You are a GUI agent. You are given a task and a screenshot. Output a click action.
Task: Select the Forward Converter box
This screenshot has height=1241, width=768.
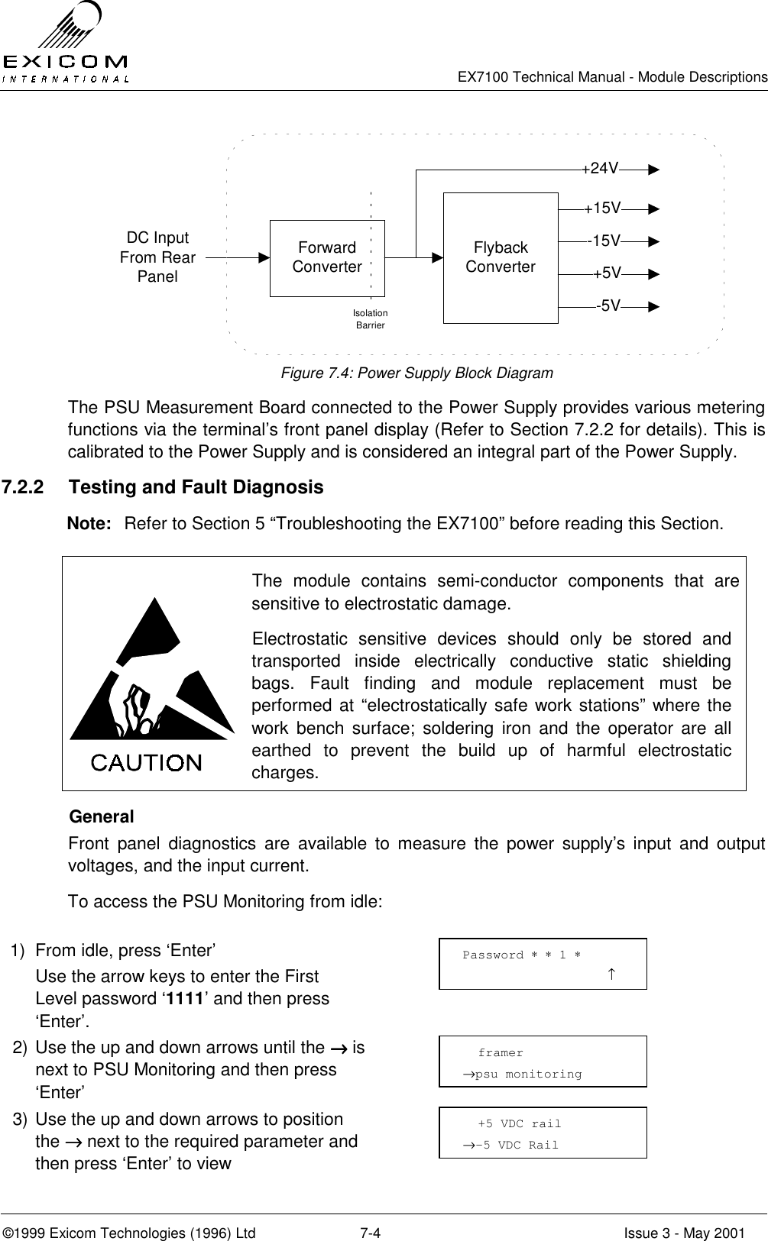(327, 258)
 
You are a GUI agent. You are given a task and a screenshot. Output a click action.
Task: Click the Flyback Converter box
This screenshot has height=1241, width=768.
(501, 258)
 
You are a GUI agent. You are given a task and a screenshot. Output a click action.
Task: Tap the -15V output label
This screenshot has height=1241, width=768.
(604, 241)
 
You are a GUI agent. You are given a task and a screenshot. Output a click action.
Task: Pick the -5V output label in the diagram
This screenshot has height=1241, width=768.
(608, 306)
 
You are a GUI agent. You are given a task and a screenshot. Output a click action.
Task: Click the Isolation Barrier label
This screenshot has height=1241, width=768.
(371, 319)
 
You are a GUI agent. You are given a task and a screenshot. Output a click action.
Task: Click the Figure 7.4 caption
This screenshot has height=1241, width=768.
(417, 373)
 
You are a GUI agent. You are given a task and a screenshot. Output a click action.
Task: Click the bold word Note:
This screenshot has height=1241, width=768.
(91, 524)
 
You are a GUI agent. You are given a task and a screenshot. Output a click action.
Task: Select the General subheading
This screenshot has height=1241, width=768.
(102, 816)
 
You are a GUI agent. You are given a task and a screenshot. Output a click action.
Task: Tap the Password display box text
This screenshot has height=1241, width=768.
(521, 955)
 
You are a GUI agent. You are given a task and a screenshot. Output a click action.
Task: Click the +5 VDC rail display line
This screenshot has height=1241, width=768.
(519, 1123)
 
